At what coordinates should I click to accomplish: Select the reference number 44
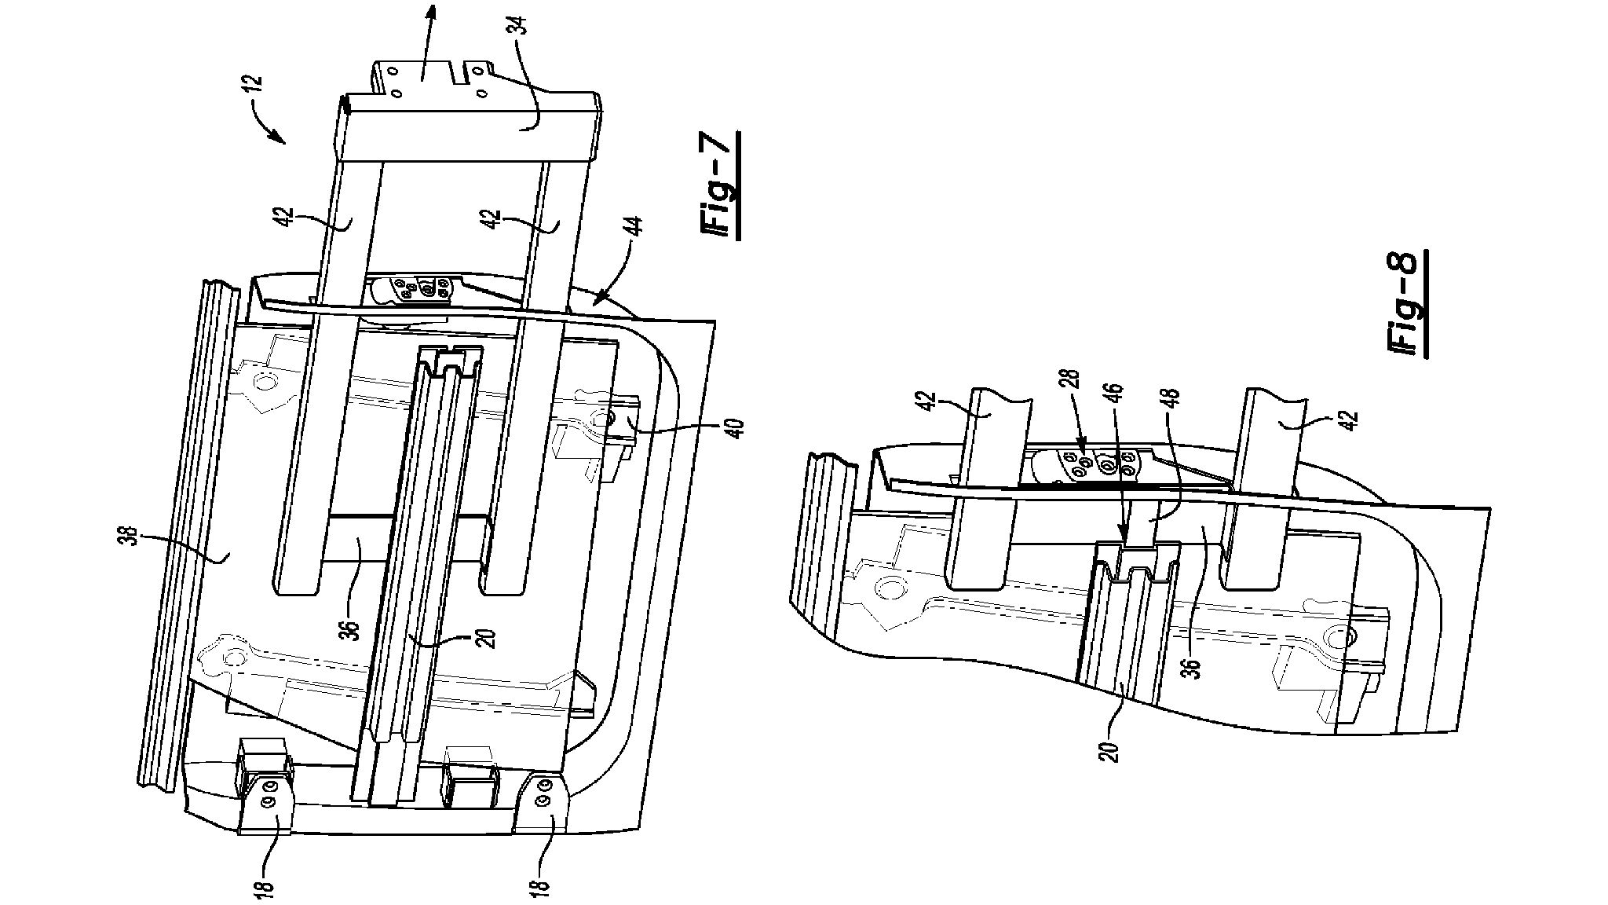coord(634,236)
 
